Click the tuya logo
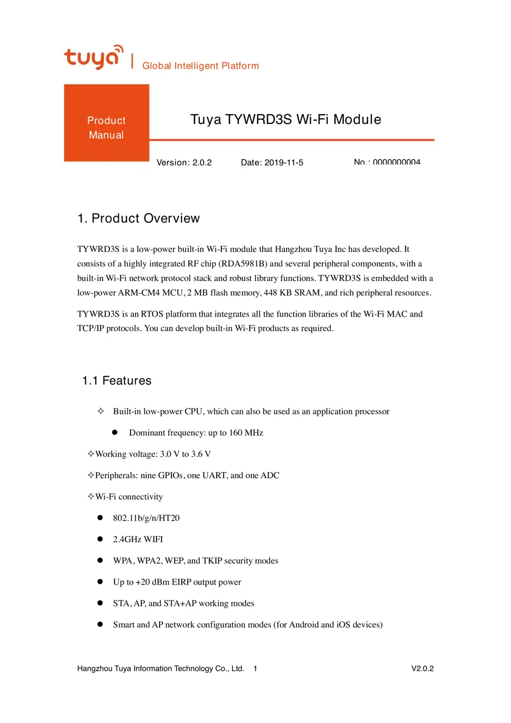click(x=93, y=57)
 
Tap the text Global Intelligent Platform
click(x=200, y=66)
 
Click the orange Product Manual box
click(x=106, y=123)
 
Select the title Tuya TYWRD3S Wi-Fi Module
click(x=285, y=119)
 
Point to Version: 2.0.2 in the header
click(x=184, y=163)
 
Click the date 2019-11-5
click(x=283, y=163)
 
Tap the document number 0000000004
click(x=396, y=162)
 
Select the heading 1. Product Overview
click(x=138, y=218)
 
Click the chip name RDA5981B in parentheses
click(x=243, y=264)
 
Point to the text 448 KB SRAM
click(x=292, y=293)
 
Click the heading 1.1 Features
click(x=117, y=381)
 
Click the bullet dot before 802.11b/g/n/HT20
click(x=100, y=517)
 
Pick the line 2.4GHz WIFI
click(x=138, y=539)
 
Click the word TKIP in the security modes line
click(x=212, y=561)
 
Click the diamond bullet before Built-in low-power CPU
click(x=101, y=411)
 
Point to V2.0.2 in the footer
click(x=422, y=668)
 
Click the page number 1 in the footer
click(x=255, y=668)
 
